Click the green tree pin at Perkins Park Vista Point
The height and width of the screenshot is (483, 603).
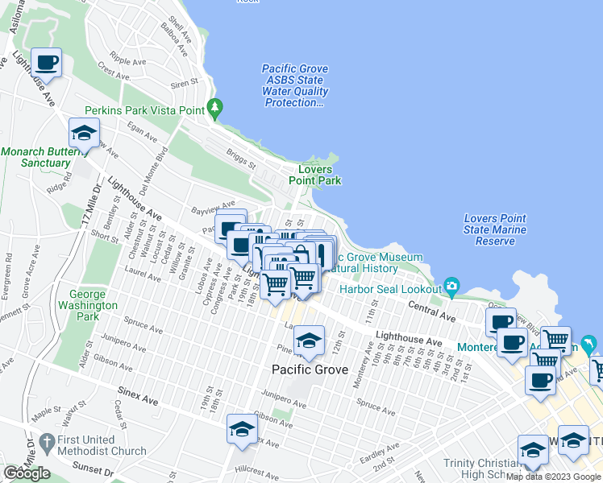[214, 106]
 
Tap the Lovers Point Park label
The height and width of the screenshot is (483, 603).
[320, 175]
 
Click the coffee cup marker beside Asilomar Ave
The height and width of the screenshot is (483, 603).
[46, 63]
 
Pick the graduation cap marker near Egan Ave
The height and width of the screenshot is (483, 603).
[83, 134]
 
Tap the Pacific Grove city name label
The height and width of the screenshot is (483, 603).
[310, 370]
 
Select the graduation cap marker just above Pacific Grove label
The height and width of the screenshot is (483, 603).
[308, 341]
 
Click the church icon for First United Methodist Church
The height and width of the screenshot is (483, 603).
[48, 441]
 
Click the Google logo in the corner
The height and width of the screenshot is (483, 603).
[27, 473]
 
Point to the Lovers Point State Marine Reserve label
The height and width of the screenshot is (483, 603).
[495, 229]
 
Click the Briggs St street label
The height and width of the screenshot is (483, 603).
[240, 158]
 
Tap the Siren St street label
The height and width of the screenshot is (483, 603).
[184, 83]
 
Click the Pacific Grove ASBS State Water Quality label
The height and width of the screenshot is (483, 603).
[295, 86]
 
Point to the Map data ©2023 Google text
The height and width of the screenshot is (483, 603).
[553, 477]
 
